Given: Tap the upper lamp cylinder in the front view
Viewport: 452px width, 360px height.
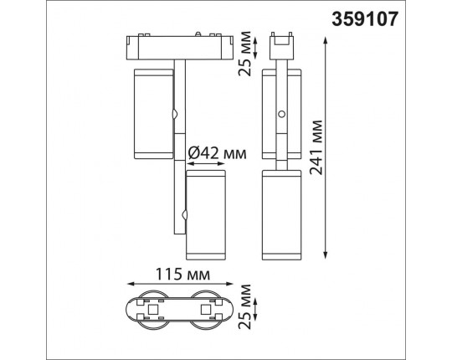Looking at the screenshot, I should coord(150,114).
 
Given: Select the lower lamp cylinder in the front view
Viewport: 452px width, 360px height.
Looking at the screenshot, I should coord(206,213).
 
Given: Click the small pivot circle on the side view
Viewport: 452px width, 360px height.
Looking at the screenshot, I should coord(282,113).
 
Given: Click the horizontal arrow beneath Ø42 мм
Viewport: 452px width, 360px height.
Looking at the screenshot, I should coord(206,165).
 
